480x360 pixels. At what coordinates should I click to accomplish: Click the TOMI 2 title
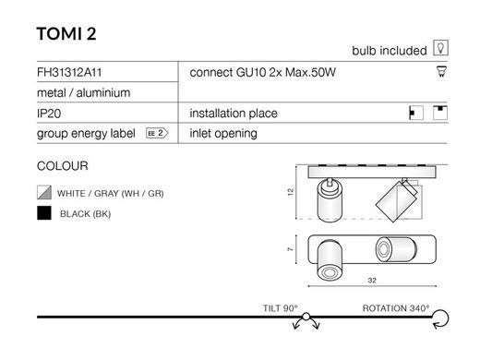click(x=66, y=33)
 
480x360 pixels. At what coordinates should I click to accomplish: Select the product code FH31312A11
click(x=69, y=72)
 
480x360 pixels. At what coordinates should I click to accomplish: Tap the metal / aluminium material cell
click(x=83, y=92)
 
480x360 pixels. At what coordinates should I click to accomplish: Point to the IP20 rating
click(x=49, y=114)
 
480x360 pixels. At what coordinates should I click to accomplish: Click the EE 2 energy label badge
click(x=157, y=133)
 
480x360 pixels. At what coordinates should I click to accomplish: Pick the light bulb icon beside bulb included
click(x=440, y=48)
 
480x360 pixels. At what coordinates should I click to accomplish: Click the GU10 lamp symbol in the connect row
click(x=441, y=72)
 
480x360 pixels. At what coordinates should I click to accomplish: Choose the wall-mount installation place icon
click(x=416, y=113)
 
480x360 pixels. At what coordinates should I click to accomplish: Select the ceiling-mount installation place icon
click(x=440, y=113)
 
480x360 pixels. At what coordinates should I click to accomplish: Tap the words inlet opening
click(x=223, y=133)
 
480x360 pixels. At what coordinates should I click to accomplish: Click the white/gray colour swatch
click(x=44, y=193)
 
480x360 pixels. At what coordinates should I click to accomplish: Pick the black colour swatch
click(x=44, y=213)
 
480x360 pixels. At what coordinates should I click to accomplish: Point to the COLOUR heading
click(x=63, y=166)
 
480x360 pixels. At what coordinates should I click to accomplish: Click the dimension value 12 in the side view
click(x=291, y=192)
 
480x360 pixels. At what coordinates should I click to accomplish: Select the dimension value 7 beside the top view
click(x=290, y=249)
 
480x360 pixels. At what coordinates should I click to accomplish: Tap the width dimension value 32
click(x=372, y=281)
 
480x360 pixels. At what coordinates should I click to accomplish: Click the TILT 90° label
click(x=281, y=308)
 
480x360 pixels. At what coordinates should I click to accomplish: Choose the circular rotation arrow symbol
click(x=440, y=318)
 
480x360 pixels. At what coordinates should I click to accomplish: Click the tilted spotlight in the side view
click(x=397, y=200)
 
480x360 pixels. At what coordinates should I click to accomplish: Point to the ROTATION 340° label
click(x=396, y=308)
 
